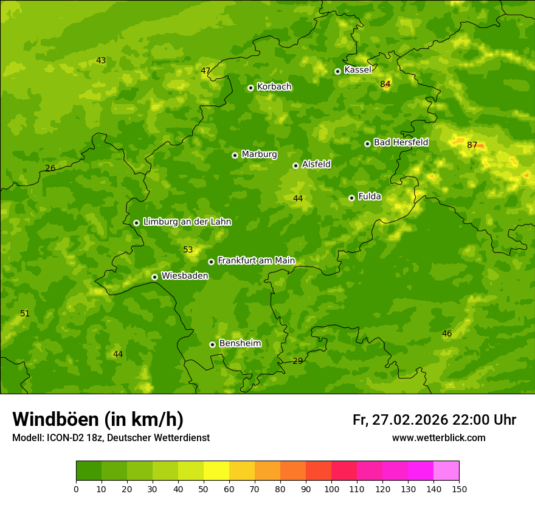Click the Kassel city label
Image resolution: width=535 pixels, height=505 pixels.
[x=357, y=70]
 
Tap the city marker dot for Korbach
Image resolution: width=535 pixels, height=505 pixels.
[x=250, y=88]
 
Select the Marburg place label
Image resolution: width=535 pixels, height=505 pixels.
[x=259, y=154]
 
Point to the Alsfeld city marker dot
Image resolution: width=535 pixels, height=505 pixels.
[x=295, y=165]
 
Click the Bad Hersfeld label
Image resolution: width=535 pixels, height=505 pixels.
[x=401, y=142]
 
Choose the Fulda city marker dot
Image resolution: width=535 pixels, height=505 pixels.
[x=351, y=198]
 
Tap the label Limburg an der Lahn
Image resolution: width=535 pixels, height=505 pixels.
[x=187, y=222]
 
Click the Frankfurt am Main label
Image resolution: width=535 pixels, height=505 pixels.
[x=256, y=260]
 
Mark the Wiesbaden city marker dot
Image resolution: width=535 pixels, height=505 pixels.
[x=154, y=277]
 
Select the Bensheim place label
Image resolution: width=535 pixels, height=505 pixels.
[x=240, y=343]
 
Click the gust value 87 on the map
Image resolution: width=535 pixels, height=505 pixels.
[x=472, y=145]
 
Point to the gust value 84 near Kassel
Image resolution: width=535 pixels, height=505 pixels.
[x=385, y=84]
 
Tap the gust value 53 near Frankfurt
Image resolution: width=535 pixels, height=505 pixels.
[x=188, y=250]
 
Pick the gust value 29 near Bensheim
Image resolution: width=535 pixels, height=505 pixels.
[x=297, y=361]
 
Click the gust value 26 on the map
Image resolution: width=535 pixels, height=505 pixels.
[x=50, y=168]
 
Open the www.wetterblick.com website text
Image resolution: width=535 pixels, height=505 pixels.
[x=438, y=438]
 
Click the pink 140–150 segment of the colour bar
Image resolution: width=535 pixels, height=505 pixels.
[x=446, y=471]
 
